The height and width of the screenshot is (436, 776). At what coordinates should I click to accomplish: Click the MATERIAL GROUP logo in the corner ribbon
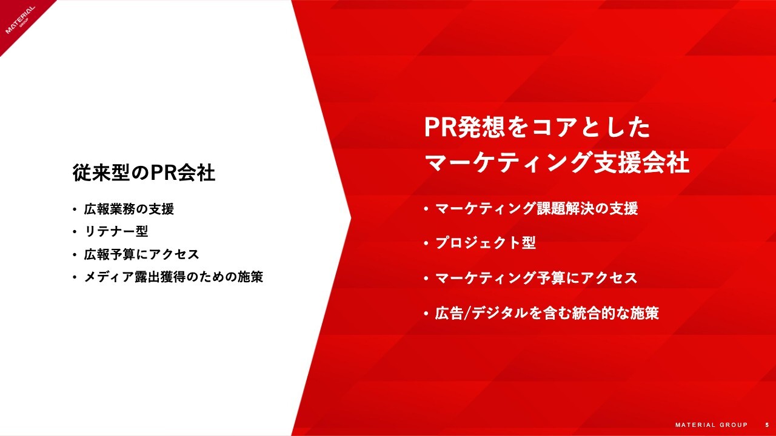coord(21,19)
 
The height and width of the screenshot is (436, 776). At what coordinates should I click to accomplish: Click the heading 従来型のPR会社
coord(144,173)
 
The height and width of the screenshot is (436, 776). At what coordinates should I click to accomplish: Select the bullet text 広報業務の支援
coord(129,209)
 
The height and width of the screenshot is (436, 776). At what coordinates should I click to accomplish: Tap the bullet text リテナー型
coord(116,231)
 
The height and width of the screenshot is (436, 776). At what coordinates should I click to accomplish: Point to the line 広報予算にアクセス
coord(142,254)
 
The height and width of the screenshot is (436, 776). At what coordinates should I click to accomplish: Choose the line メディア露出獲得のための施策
coord(173,277)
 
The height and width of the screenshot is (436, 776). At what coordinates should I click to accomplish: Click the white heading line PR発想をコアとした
coord(537,127)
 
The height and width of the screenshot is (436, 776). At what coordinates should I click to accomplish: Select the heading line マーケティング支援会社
coord(557,162)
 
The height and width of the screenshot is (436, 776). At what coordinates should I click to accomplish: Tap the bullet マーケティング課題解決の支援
coord(537,209)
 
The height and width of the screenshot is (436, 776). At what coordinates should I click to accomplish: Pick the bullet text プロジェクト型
coord(486,243)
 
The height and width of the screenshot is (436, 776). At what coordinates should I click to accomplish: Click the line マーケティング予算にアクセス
coord(537,278)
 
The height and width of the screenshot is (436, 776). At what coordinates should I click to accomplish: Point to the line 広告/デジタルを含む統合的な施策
coord(547,313)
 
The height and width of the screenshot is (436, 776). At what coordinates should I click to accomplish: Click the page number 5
coord(767,425)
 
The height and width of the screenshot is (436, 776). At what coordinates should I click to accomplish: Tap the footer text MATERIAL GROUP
coord(712,425)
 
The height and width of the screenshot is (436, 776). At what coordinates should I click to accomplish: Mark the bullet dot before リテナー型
coord(75,232)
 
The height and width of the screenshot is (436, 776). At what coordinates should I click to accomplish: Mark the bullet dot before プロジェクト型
coord(426,243)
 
